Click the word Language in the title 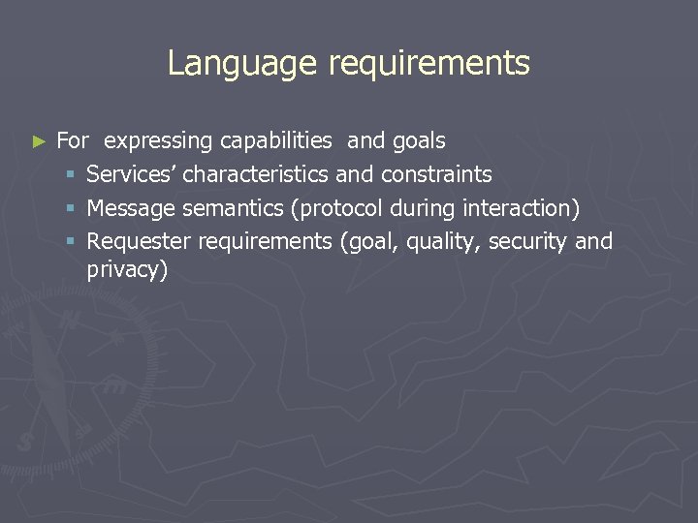(x=242, y=63)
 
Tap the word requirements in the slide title (x=428, y=64)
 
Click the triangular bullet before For (x=39, y=141)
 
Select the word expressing (x=158, y=141)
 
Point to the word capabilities (x=275, y=141)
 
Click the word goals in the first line (x=419, y=141)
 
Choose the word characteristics (x=256, y=174)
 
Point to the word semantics (x=238, y=208)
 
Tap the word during (x=426, y=208)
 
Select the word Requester (x=139, y=242)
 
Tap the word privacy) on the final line (x=127, y=270)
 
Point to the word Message (x=129, y=209)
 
